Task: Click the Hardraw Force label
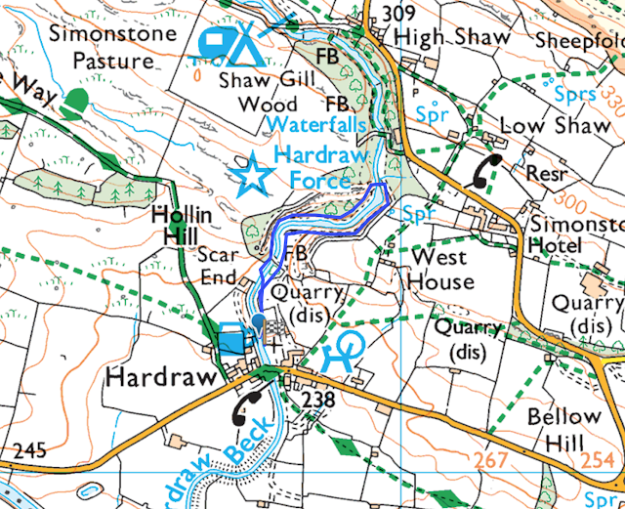[312, 167]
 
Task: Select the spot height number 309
[399, 13]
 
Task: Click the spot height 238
[318, 400]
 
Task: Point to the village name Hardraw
[152, 376]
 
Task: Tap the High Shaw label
[451, 38]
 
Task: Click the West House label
[440, 269]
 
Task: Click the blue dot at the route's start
[258, 319]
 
